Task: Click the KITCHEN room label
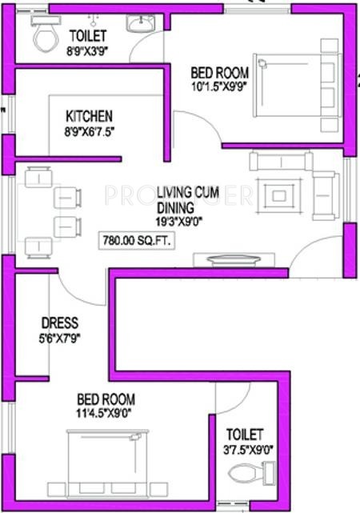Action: click(90, 116)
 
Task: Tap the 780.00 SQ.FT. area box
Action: click(137, 241)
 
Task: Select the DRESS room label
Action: click(60, 323)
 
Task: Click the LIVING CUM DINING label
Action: click(188, 199)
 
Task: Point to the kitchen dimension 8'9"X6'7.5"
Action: click(90, 132)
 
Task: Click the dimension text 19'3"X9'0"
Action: click(179, 222)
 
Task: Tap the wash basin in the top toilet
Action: click(140, 23)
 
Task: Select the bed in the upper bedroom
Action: click(297, 85)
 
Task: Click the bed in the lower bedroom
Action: click(108, 463)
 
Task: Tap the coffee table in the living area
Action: click(279, 195)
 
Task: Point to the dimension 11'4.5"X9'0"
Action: click(104, 413)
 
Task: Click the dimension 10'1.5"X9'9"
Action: click(219, 86)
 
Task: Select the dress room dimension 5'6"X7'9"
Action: click(60, 338)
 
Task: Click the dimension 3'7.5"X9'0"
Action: click(248, 451)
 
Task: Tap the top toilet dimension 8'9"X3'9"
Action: click(87, 51)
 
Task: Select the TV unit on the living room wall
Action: click(234, 260)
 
